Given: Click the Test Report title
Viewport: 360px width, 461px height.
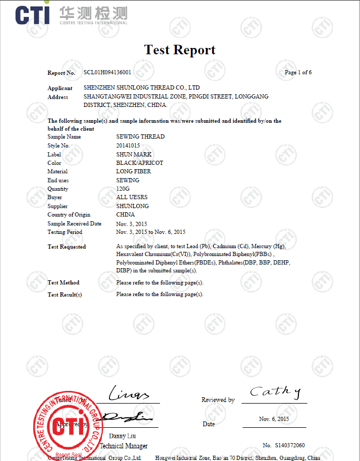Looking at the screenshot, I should tap(179, 50).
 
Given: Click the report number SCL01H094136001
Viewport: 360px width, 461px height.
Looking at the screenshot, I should tap(107, 72).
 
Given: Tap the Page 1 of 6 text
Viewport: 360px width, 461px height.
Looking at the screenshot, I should tap(298, 72).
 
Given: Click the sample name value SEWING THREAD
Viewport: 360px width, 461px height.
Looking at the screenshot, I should tap(140, 136).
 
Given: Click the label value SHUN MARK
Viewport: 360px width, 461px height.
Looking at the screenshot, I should tap(134, 154).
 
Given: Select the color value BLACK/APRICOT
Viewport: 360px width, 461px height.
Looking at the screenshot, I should tap(139, 163).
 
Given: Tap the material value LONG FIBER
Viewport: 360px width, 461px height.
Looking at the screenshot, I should tap(133, 171).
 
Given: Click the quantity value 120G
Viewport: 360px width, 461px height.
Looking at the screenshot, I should tap(123, 189).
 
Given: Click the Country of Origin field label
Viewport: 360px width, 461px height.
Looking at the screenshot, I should tap(68, 214).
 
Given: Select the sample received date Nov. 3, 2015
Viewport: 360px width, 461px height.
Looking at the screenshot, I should tap(132, 223).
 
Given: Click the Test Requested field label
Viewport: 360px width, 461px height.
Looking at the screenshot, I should tap(66, 247).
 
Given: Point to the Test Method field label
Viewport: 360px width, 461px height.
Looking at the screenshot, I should tap(63, 283).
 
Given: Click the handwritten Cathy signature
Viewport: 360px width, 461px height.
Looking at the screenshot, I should tap(275, 391).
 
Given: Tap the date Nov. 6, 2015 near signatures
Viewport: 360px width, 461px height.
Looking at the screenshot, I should tap(274, 419).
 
